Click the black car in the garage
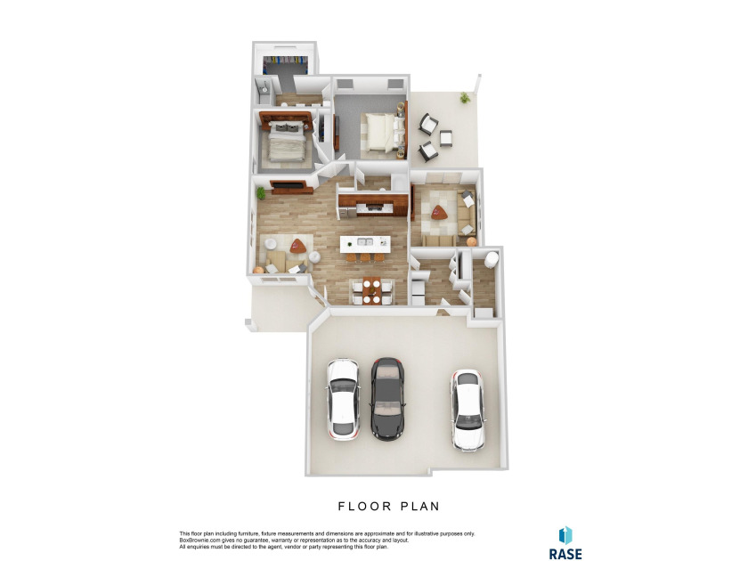coord(388,399)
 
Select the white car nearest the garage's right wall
coord(468,411)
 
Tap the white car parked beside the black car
coord(343,399)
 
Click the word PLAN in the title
coord(419,506)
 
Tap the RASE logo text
coord(565,554)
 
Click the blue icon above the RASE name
coord(565,535)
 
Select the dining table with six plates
coord(371,290)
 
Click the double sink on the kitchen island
coord(365,242)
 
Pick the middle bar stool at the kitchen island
coord(365,257)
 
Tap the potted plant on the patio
coord(464,98)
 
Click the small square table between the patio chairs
coord(446,138)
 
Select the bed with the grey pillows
coord(286,142)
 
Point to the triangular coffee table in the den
coord(439,212)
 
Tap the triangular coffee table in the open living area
coord(298,246)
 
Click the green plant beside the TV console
coord(261,192)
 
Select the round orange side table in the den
coord(471,241)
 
